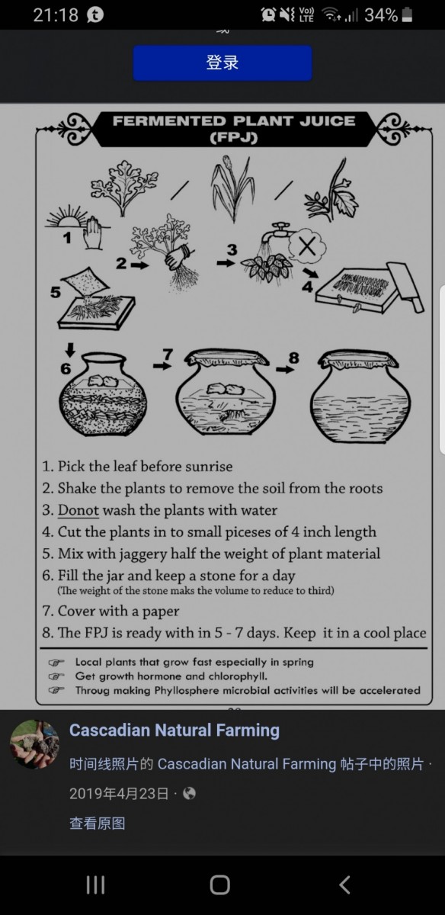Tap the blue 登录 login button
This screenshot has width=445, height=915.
point(222,63)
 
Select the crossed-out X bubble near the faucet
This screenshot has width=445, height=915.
point(307,246)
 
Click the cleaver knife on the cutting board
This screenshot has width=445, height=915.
point(405,287)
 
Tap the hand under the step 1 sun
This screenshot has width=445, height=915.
point(92,233)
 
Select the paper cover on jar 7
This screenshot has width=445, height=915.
point(226,358)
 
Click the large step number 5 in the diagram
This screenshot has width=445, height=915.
point(56,293)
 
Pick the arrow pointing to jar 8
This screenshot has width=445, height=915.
point(285,370)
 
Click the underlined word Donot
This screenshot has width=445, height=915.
point(78,510)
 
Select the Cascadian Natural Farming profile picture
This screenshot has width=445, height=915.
point(35,745)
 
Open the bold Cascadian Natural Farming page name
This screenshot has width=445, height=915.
point(174,730)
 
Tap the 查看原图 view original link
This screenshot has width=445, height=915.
point(98,823)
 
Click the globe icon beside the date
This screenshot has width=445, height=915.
point(190,793)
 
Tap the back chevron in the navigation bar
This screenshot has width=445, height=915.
point(345,884)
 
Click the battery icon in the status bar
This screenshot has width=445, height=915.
point(407,15)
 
